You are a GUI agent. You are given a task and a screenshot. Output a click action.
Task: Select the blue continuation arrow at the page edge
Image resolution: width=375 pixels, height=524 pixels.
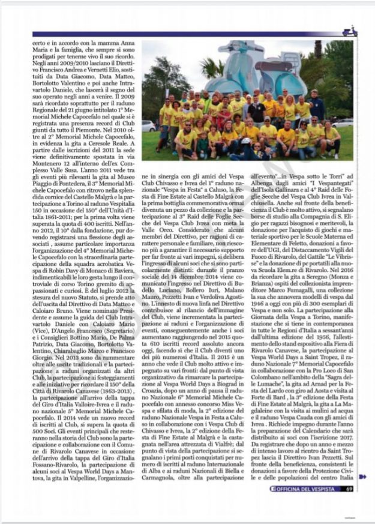362,477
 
